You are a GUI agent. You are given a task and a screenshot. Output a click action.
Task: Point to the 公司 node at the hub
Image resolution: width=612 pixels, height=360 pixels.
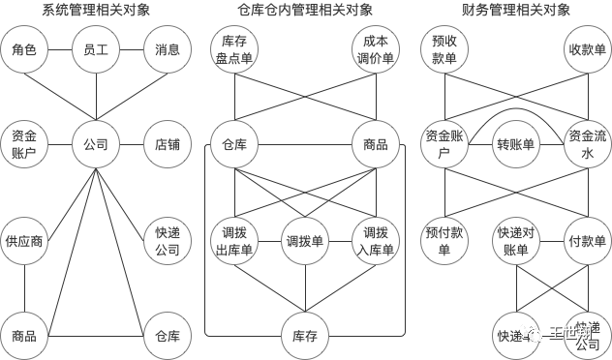click(x=96, y=145)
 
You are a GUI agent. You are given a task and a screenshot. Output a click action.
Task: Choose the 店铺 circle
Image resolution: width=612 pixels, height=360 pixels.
click(x=168, y=145)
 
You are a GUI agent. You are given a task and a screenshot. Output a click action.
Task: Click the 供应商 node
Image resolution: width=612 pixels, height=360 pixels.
click(x=24, y=241)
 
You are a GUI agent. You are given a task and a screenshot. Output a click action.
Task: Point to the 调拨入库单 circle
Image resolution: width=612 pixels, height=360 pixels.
click(x=375, y=241)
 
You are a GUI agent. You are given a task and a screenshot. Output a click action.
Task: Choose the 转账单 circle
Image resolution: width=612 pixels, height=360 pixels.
click(x=516, y=145)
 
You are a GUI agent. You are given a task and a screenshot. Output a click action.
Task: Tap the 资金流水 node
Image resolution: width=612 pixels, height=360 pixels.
click(x=588, y=145)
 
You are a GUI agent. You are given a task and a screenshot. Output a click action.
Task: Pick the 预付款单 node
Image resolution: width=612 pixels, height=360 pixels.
click(x=445, y=241)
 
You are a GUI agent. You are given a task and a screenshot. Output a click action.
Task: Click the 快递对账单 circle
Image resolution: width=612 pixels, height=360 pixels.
click(x=516, y=241)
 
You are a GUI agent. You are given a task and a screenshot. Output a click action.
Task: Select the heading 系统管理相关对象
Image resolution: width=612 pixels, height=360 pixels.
click(x=96, y=11)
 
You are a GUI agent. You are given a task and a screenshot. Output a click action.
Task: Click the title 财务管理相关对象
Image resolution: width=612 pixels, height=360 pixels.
click(x=516, y=11)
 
